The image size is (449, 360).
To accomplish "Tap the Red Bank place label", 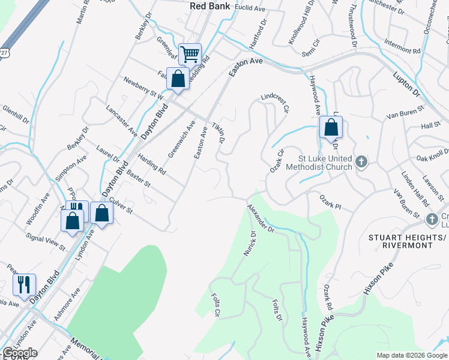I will point(206,5).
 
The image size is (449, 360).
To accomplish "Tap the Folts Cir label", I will point(216,305).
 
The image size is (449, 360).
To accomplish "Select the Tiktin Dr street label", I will point(217,133).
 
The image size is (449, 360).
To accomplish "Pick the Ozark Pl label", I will point(330,206).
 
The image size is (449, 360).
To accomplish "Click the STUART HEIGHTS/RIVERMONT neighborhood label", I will point(408,243).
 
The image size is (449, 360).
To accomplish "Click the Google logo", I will point(20,353).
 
